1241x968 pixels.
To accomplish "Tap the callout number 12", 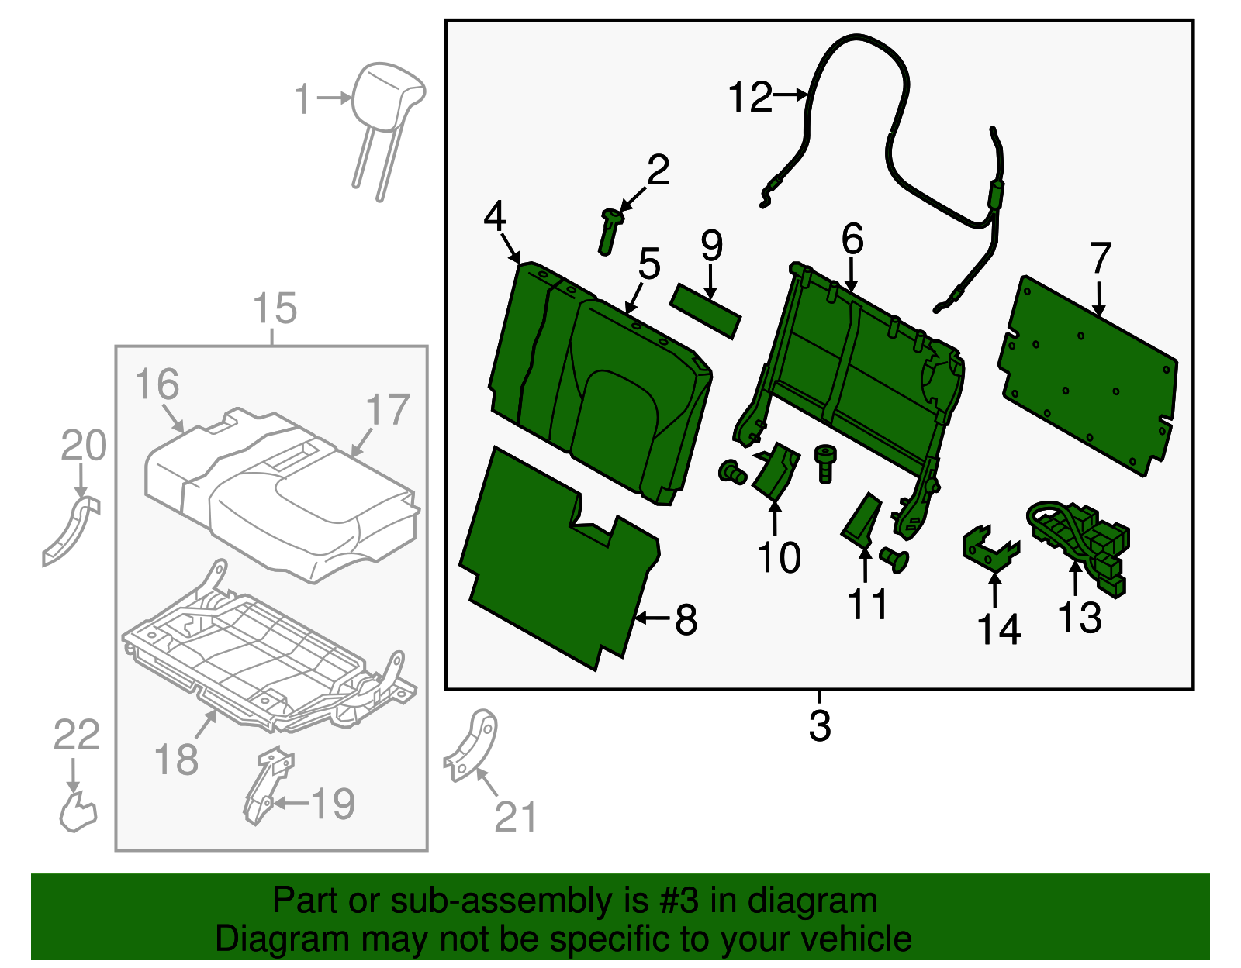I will tap(750, 98).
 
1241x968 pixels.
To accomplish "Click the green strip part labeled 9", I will tap(706, 311).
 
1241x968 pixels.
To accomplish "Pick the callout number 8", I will tap(686, 620).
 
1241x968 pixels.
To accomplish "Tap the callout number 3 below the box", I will tap(819, 726).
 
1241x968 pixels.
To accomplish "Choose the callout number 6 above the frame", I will tap(852, 239).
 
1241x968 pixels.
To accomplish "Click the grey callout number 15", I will tap(275, 308).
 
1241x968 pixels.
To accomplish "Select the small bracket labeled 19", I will tap(266, 783).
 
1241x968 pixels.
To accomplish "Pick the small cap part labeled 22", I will tap(78, 811).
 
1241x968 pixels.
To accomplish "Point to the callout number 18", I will tap(176, 759).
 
